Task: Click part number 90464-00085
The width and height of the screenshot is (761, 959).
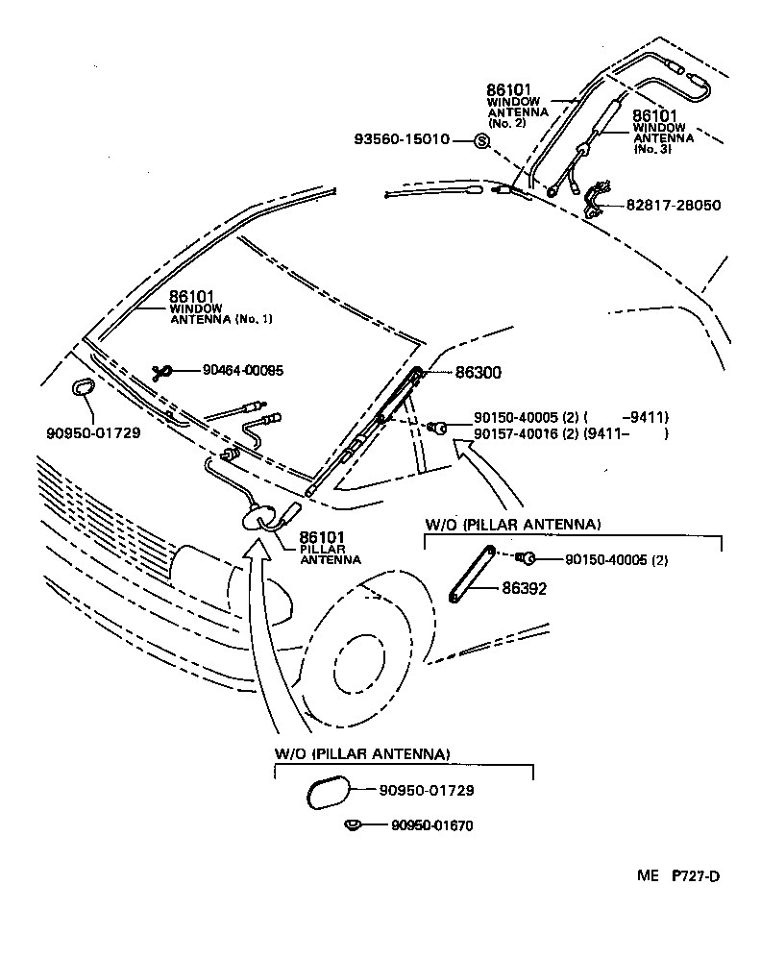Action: click(x=243, y=370)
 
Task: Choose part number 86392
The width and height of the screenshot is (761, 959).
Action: click(x=523, y=589)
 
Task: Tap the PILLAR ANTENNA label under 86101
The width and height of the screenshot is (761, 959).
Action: click(x=330, y=554)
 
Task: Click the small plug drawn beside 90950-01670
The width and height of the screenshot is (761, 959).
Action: click(x=353, y=824)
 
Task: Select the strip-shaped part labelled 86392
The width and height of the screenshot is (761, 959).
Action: click(x=470, y=574)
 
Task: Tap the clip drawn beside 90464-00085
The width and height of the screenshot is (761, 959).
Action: click(x=164, y=371)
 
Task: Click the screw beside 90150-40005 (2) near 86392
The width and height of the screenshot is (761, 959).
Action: click(x=527, y=558)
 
